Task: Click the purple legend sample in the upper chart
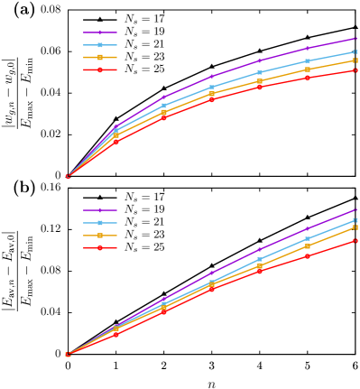99,32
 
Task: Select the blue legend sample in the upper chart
99,45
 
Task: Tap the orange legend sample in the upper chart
99,57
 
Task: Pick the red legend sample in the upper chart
99,69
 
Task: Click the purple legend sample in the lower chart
99,210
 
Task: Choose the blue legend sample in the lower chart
99,223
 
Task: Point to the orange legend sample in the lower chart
99,236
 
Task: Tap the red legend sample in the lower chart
99,247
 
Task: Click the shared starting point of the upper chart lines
68,176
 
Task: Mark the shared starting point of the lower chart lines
68,355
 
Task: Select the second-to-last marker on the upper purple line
307,48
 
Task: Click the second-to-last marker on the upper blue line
307,60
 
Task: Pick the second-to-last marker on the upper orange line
307,69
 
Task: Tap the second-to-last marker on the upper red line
307,78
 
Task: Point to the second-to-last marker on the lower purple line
307,228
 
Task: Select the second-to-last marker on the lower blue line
307,238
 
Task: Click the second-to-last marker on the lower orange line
307,246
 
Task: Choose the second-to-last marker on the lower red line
307,256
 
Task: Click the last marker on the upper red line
355,69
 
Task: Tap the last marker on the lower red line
355,241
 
